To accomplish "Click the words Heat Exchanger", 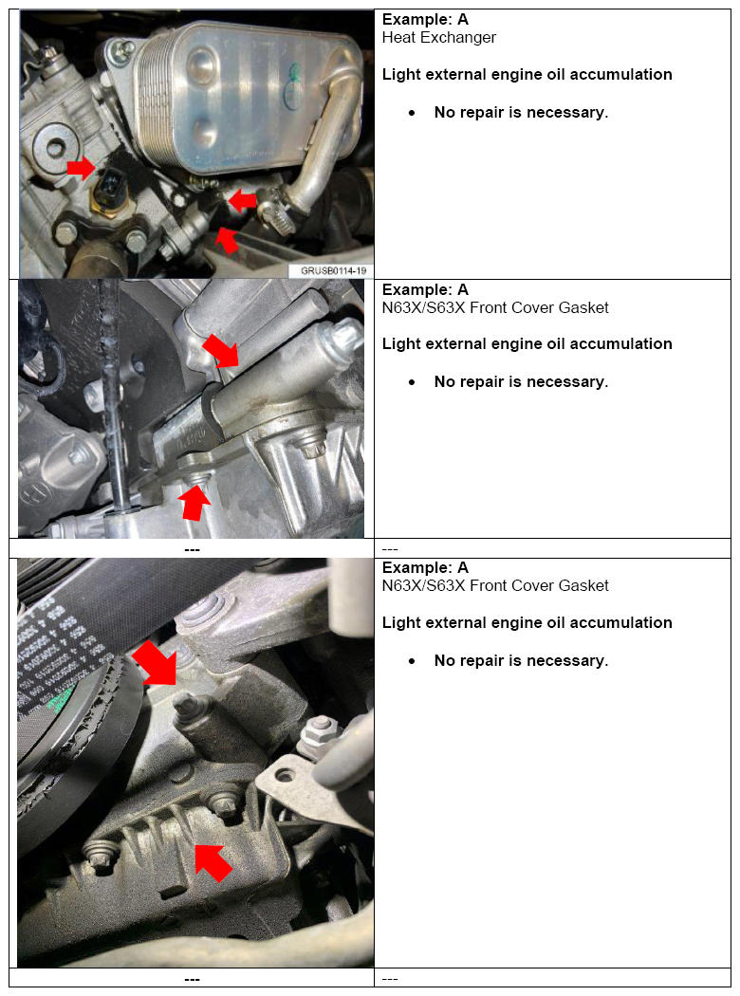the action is (x=439, y=38).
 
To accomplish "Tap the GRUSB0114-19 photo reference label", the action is (x=334, y=270).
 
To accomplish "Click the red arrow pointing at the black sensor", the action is (x=81, y=168).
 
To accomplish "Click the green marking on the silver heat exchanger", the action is (x=293, y=82).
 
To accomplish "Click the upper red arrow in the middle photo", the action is (x=220, y=351).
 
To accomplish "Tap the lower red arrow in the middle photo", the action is (x=194, y=503).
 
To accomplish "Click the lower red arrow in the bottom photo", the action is (x=213, y=862).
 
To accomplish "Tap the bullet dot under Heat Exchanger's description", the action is (x=413, y=113).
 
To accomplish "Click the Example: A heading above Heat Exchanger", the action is (x=425, y=19).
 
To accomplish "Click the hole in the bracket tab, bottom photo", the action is (x=287, y=775).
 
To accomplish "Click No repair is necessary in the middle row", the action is (x=521, y=381).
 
